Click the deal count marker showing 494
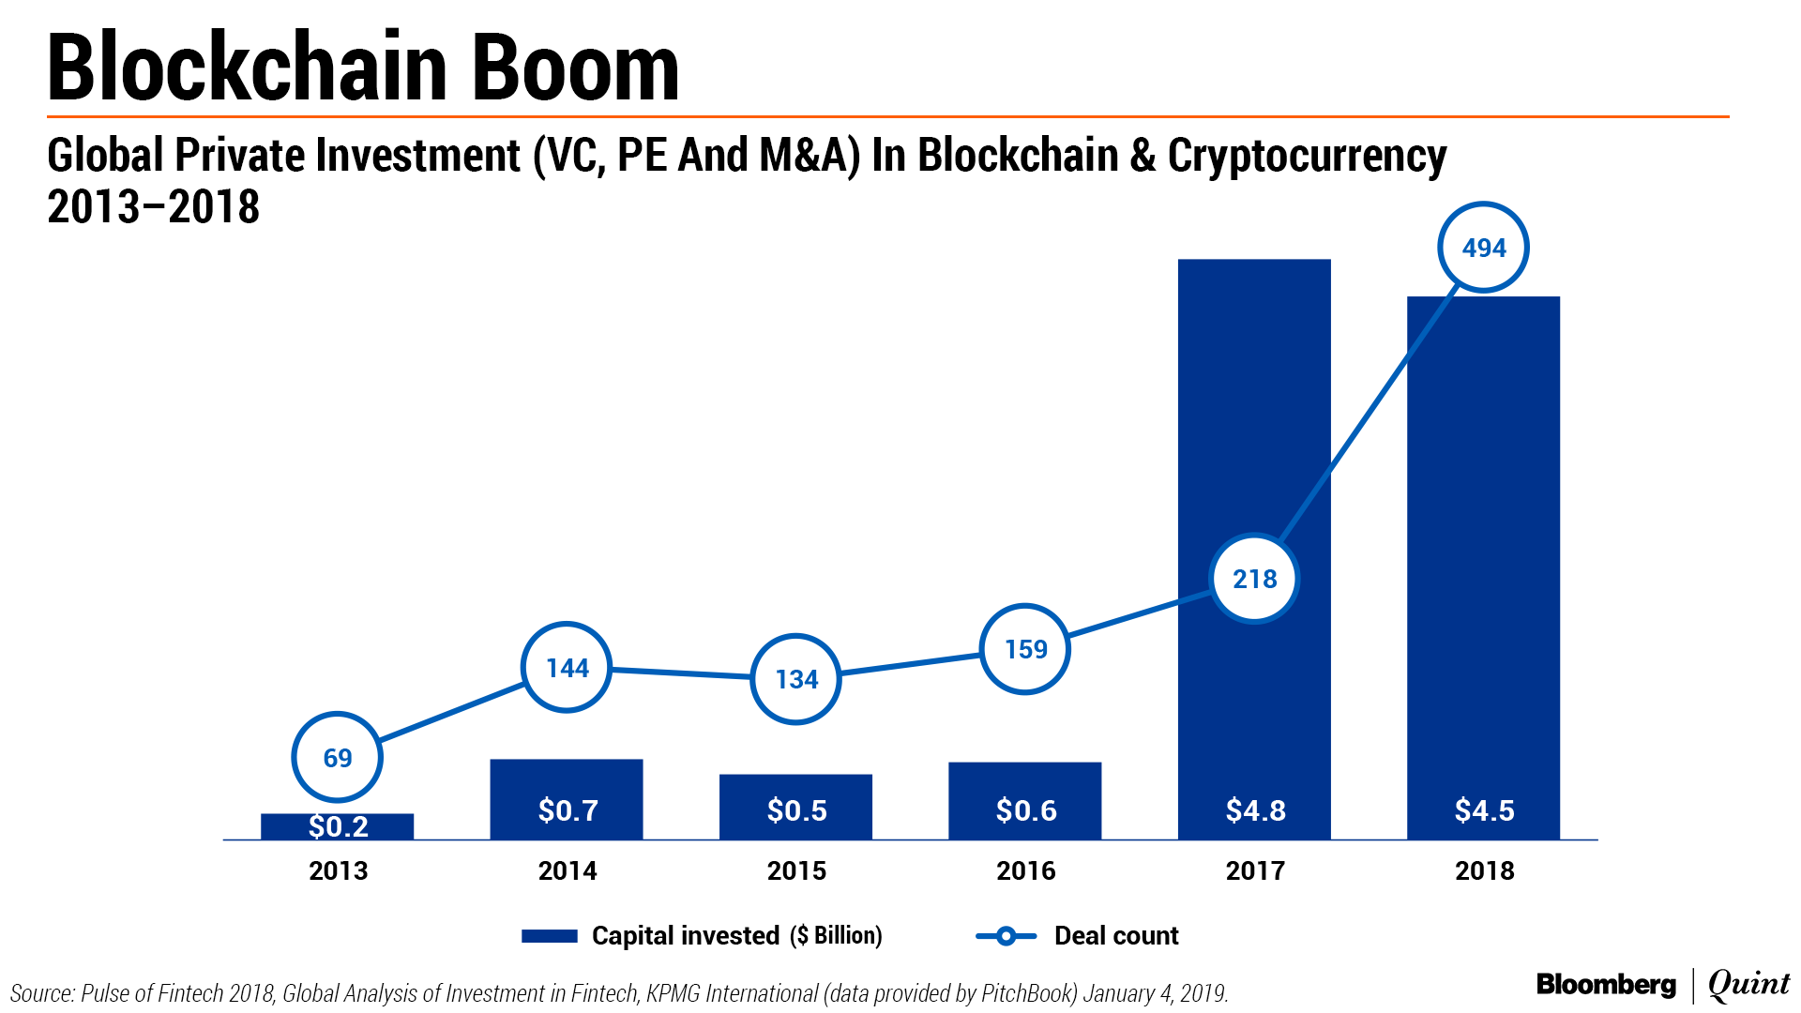(1483, 248)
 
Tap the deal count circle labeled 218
(1254, 579)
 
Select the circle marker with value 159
(1025, 649)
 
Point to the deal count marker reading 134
(796, 679)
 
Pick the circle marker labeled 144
(567, 668)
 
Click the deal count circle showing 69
(337, 758)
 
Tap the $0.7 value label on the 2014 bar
(568, 810)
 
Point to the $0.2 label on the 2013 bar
(338, 826)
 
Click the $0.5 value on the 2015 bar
(796, 810)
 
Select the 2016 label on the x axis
(1025, 871)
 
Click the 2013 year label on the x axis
(338, 871)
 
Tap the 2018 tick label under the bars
(1484, 871)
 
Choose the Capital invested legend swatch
(549, 936)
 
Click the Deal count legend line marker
(1006, 936)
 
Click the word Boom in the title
(575, 68)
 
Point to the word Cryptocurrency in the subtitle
(1307, 157)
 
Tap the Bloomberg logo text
(1606, 985)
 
